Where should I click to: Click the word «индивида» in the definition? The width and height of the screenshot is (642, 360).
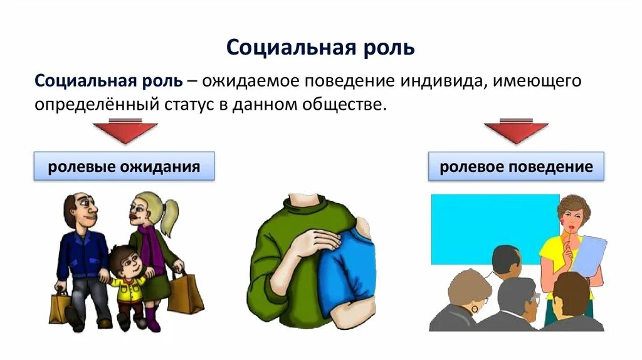pos(441,81)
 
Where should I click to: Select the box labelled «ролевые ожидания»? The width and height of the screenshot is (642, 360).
pos(124,167)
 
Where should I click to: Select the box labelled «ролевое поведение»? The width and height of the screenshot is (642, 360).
pos(516,167)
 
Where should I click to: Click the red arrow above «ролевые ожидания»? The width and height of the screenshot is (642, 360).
pos(125,132)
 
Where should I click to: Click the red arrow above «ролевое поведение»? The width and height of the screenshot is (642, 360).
pos(516,132)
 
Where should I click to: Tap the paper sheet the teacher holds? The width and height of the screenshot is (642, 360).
pos(589,254)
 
